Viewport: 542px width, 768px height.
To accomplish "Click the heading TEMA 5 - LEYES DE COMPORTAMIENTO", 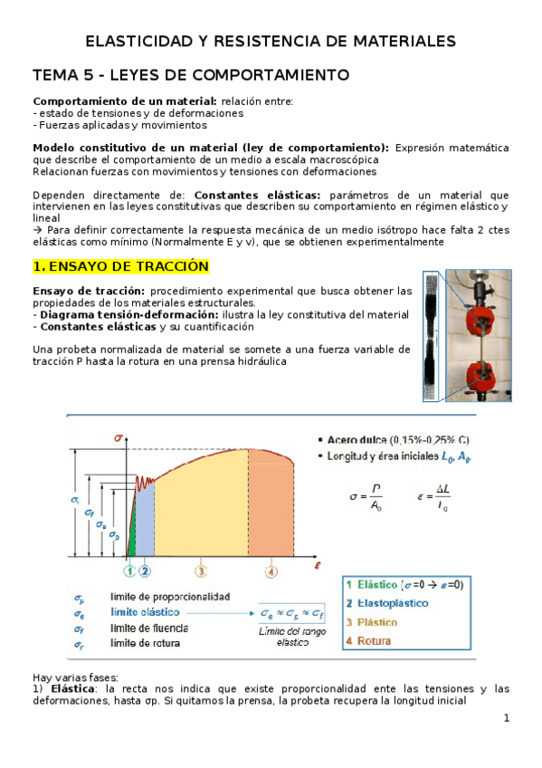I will [190, 73].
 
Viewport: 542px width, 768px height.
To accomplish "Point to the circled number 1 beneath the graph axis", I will [129, 571].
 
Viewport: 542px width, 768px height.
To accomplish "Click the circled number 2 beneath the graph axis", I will [145, 571].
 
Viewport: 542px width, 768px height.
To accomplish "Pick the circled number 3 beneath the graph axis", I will [200, 571].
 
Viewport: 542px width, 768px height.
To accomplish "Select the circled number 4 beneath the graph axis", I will [271, 571].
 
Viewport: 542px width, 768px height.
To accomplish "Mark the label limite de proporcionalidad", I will [169, 597].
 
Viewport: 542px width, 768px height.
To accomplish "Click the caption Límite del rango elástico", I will [292, 635].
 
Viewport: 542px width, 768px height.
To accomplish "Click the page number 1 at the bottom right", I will [507, 718].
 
